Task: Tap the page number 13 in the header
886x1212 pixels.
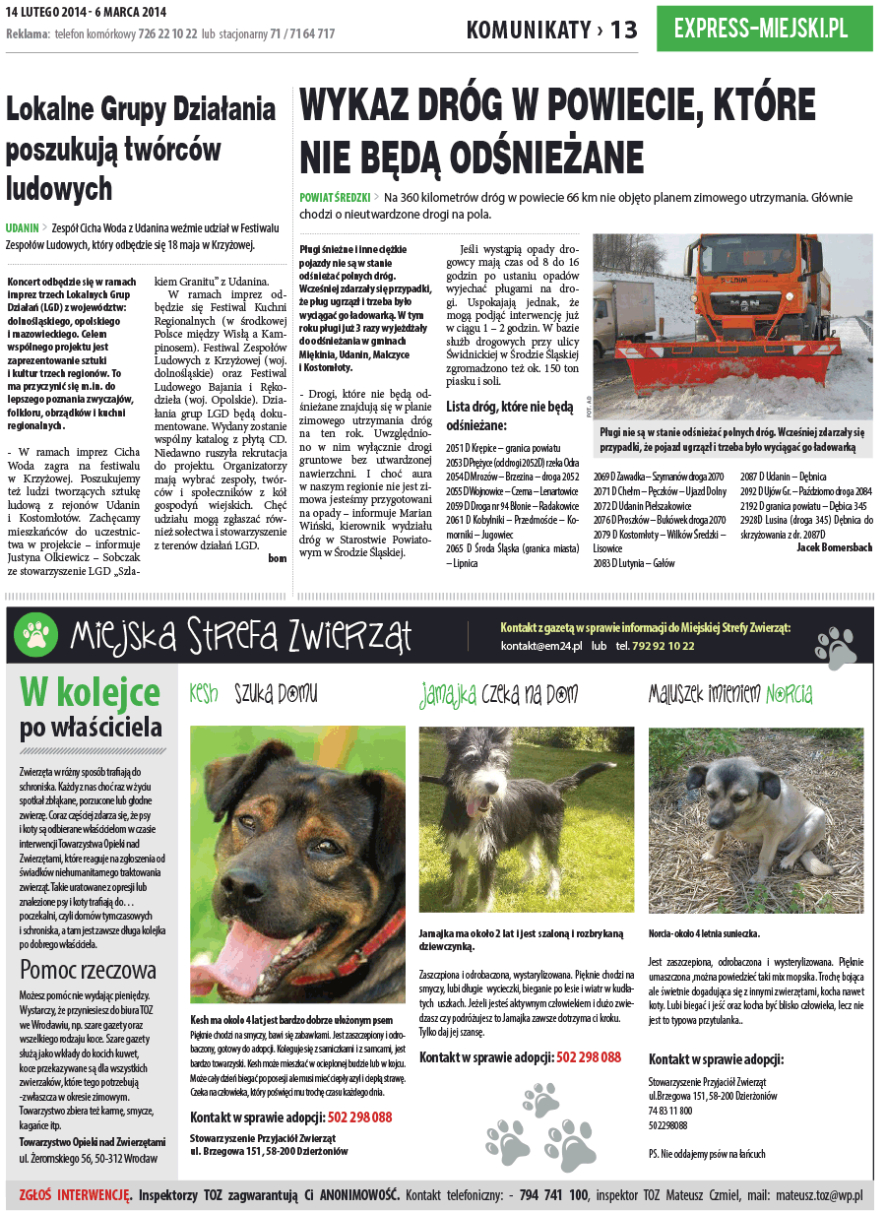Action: [x=624, y=30]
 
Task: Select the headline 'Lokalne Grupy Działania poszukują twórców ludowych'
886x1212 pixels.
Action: [x=141, y=147]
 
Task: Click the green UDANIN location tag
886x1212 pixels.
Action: [x=22, y=227]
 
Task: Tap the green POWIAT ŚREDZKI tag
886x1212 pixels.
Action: [x=334, y=198]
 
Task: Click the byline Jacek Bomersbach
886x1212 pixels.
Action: [x=834, y=547]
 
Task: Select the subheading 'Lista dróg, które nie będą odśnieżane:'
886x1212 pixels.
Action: [x=509, y=415]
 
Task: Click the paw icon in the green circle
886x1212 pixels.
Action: [x=37, y=635]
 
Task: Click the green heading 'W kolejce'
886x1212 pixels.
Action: [x=90, y=694]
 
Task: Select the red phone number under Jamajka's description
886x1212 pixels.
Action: [x=589, y=1057]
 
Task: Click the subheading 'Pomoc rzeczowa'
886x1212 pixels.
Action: [x=88, y=970]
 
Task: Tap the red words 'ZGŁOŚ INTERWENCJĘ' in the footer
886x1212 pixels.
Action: [x=75, y=1195]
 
